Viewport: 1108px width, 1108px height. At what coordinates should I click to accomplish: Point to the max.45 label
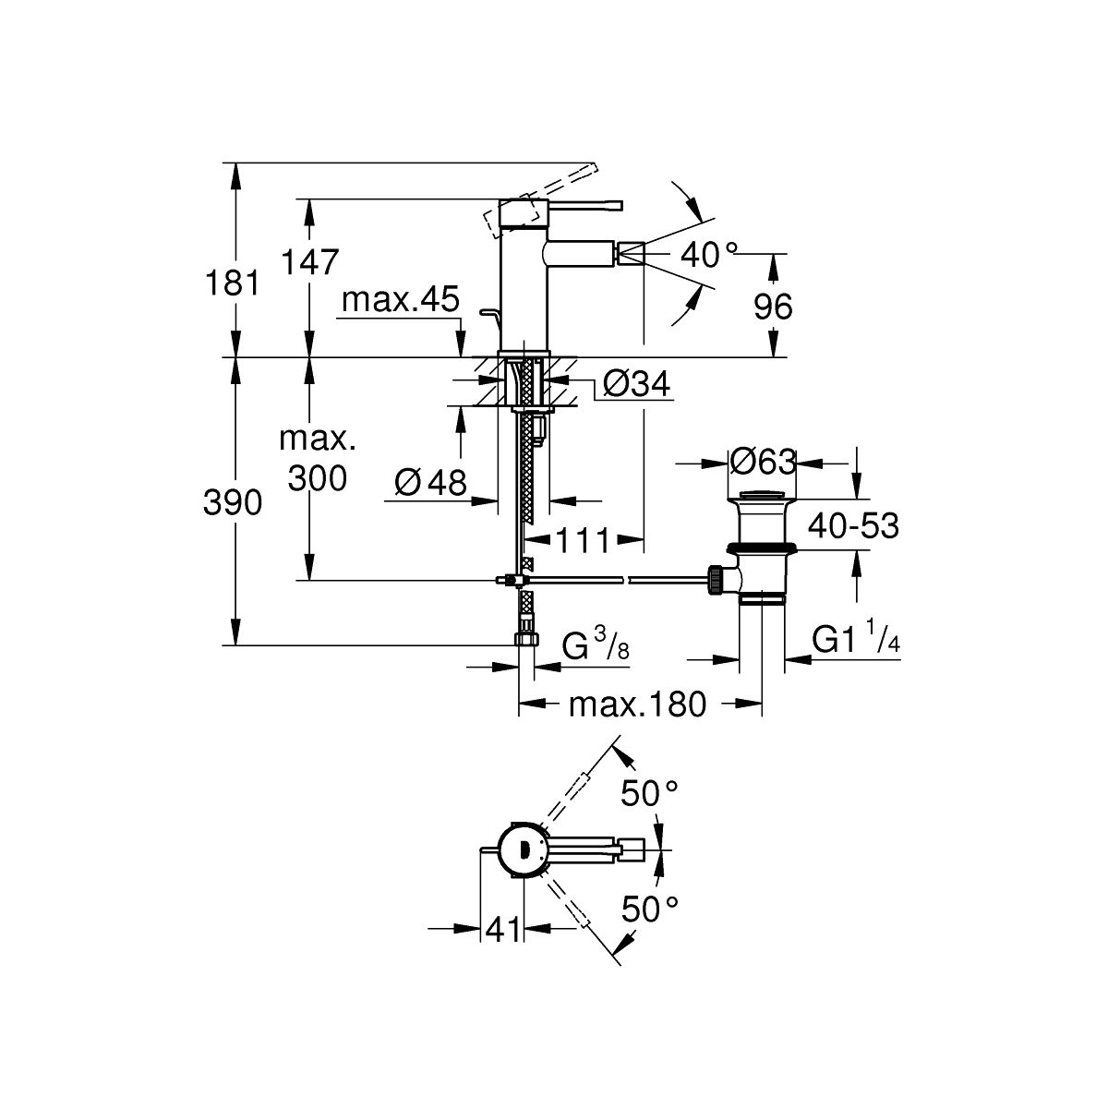coord(400,299)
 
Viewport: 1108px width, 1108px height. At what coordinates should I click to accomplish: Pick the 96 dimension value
coord(773,306)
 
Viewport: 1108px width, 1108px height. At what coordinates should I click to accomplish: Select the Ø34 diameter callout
coord(634,384)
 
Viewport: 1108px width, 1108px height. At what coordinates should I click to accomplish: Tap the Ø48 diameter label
coord(430,482)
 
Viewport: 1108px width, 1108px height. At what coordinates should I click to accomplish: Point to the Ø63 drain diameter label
coord(762,460)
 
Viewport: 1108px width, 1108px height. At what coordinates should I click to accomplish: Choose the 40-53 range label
coord(853,526)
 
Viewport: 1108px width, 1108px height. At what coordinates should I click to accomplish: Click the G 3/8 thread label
coord(596,645)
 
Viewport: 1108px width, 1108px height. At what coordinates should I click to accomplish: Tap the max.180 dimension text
coord(637,705)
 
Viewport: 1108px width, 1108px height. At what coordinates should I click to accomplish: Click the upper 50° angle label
coord(649,792)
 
